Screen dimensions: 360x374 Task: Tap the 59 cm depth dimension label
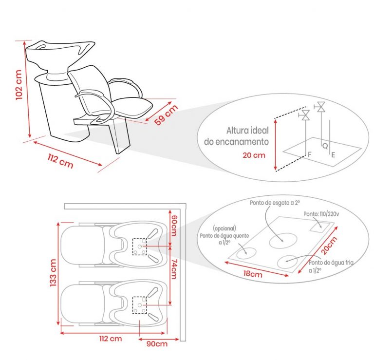(166, 115)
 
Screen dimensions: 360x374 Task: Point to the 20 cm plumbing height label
(253, 155)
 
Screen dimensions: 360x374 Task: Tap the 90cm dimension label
(156, 344)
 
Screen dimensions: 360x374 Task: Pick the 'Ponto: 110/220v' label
(321, 213)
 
